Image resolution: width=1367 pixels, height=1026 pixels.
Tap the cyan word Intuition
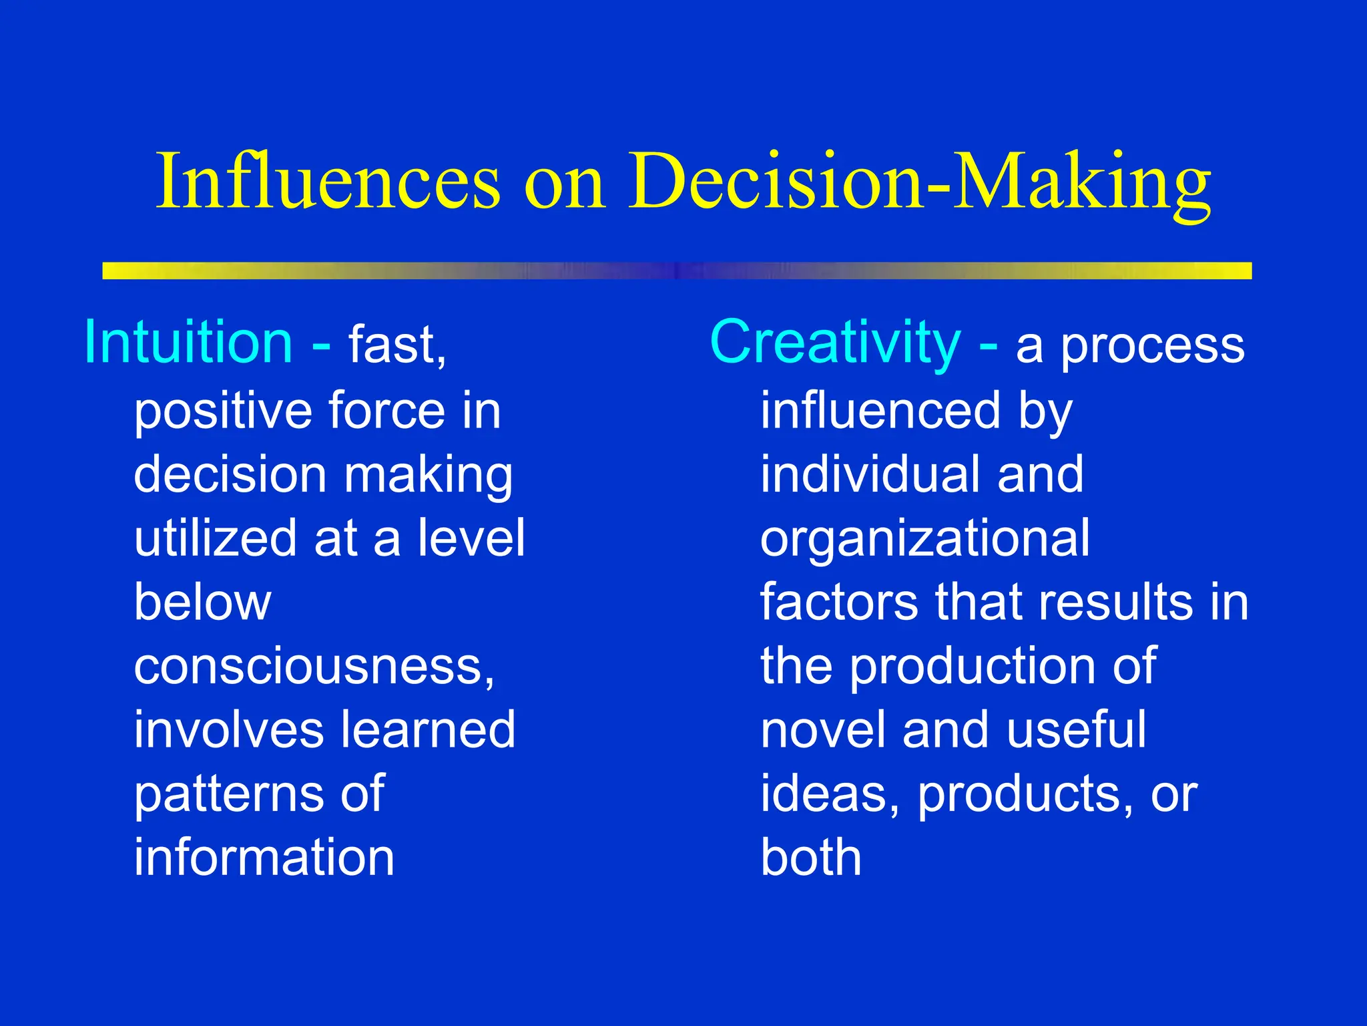pos(188,342)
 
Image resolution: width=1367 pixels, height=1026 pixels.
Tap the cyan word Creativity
pos(835,342)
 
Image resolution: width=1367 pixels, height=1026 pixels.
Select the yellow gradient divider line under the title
pos(677,271)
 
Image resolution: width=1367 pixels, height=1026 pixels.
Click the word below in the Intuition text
pos(202,603)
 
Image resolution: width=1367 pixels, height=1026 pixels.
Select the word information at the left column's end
pos(264,857)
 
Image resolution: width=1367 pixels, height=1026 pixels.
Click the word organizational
pos(924,538)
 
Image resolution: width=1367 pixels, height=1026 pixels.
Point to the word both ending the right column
pos(810,857)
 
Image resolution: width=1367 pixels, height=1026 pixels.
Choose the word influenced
pos(880,410)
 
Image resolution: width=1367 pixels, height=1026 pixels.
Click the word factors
pos(838,603)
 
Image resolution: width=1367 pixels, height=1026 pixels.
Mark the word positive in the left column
pos(222,411)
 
